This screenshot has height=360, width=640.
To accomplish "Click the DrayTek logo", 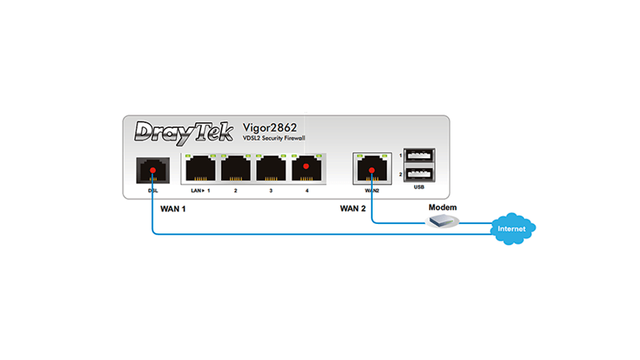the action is pos(183,131).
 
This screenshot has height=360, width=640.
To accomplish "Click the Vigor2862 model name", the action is pos(271,127).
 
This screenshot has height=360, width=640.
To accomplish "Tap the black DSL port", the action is pos(152,171).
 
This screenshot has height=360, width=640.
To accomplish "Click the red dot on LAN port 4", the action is pos(306,166).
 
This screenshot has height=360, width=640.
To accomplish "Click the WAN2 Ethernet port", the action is pos(371,169).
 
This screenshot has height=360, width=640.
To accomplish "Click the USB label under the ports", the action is pos(419,187).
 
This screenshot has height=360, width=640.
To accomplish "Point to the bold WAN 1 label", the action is pos(173,209).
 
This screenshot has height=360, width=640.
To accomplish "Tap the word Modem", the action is pos(443,207).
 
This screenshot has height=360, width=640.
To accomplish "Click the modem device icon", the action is pos(444,221).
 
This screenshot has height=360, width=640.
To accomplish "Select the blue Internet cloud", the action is pos(512,228).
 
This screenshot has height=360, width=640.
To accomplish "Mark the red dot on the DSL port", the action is pos(152,171).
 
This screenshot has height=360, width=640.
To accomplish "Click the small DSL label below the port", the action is pos(152,191).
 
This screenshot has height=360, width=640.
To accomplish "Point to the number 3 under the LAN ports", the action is pos(271,191).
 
